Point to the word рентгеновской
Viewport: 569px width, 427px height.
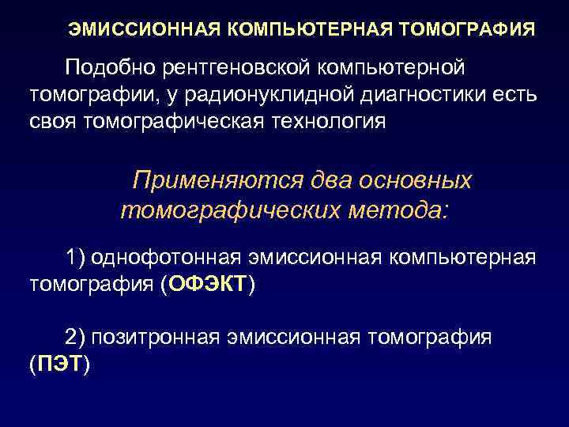pos(242,69)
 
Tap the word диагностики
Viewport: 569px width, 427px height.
pos(434,96)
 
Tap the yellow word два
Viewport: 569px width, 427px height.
pos(330,181)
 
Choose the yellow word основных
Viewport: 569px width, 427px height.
pos(416,181)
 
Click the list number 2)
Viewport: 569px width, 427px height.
pos(75,338)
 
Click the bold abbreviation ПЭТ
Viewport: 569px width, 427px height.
pos(60,365)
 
